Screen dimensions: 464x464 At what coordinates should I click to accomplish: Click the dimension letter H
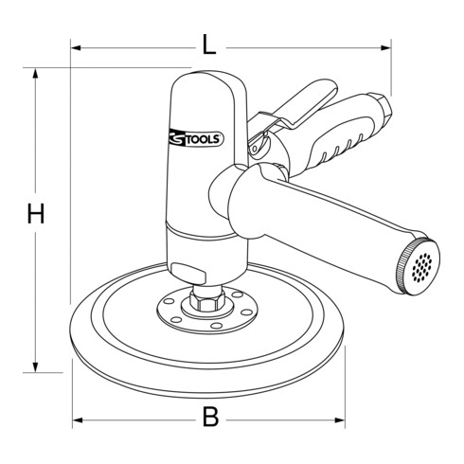35,216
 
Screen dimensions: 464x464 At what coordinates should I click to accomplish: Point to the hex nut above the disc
207,301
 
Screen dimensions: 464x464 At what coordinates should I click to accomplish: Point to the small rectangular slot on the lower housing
195,270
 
